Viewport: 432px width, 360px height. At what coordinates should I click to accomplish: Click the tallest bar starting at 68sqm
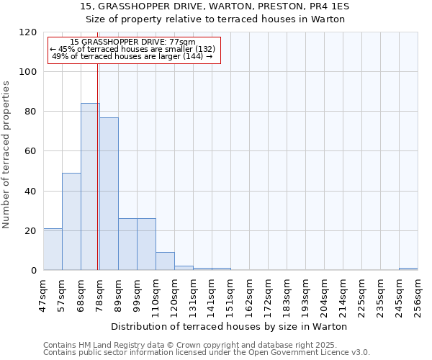click(x=90, y=186)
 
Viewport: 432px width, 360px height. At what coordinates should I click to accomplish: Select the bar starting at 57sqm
click(x=71, y=221)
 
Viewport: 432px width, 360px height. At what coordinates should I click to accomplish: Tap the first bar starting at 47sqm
click(x=53, y=249)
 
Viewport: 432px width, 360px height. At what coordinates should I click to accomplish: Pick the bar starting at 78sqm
click(x=109, y=194)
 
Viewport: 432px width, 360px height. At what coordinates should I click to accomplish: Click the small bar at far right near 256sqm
click(x=408, y=269)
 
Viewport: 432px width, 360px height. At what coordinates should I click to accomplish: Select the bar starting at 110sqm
click(x=165, y=261)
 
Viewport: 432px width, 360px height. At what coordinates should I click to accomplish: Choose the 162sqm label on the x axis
click(x=249, y=293)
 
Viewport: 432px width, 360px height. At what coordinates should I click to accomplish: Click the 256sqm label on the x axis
click(x=418, y=293)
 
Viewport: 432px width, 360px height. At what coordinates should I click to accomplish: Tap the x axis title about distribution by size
click(x=230, y=326)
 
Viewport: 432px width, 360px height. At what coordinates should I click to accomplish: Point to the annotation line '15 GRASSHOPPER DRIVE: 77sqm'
click(x=133, y=42)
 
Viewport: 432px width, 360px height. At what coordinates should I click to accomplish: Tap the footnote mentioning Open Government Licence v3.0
click(x=207, y=353)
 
